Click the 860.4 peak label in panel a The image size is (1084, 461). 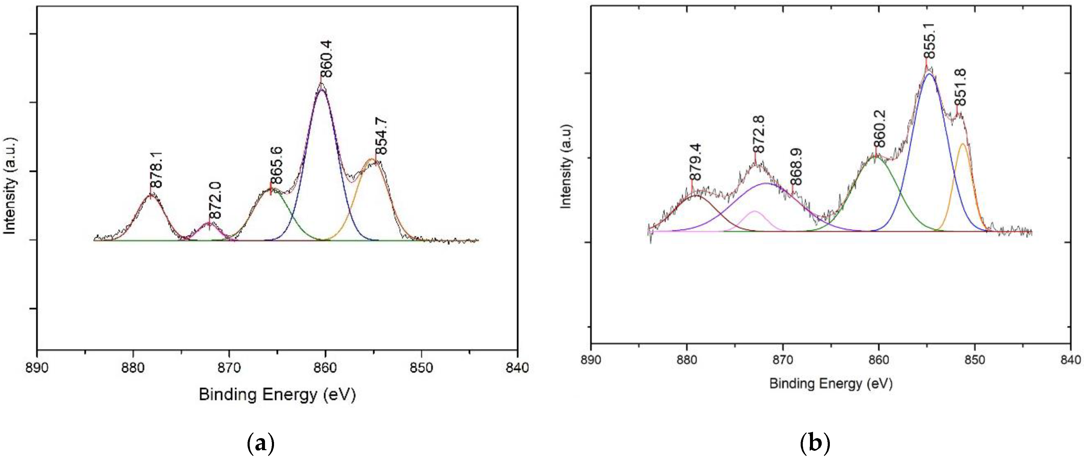pos(326,59)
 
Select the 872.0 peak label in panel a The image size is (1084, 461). pos(215,201)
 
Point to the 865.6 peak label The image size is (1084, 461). pos(276,166)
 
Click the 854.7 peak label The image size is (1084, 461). pos(382,137)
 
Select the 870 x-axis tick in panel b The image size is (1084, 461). pos(783,360)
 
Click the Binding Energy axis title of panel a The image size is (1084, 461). pos(277,394)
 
